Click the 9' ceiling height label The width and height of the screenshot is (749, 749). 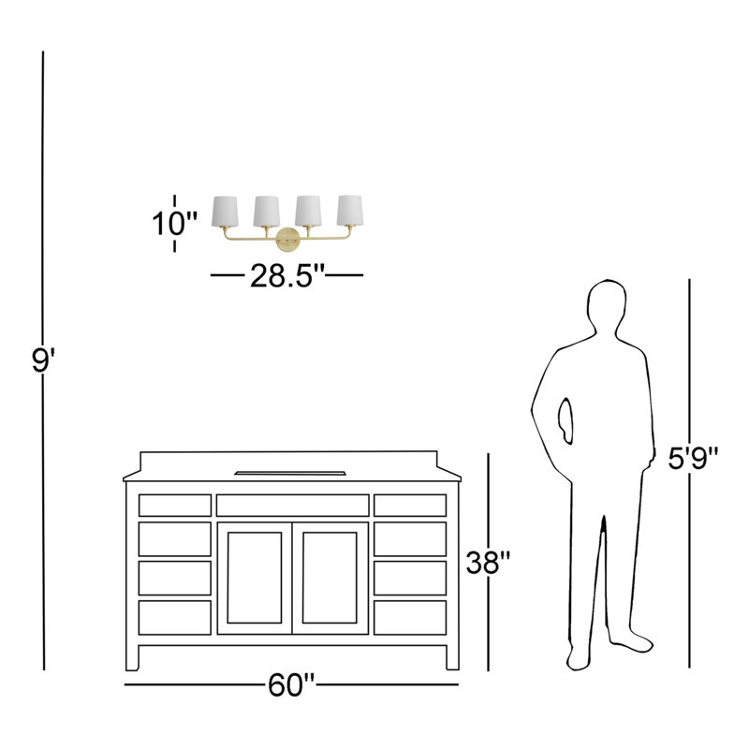[43, 360]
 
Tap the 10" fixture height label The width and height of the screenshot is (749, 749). [174, 223]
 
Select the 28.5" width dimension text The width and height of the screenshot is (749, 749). [287, 275]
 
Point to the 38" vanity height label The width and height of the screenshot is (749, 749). [488, 563]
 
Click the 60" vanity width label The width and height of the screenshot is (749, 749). [291, 685]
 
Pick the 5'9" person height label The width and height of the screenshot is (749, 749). [693, 459]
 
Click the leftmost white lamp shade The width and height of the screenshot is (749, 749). [225, 212]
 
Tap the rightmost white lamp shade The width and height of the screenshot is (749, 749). [350, 210]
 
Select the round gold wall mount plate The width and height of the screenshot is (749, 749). [288, 239]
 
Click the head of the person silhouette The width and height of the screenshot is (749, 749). [607, 306]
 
